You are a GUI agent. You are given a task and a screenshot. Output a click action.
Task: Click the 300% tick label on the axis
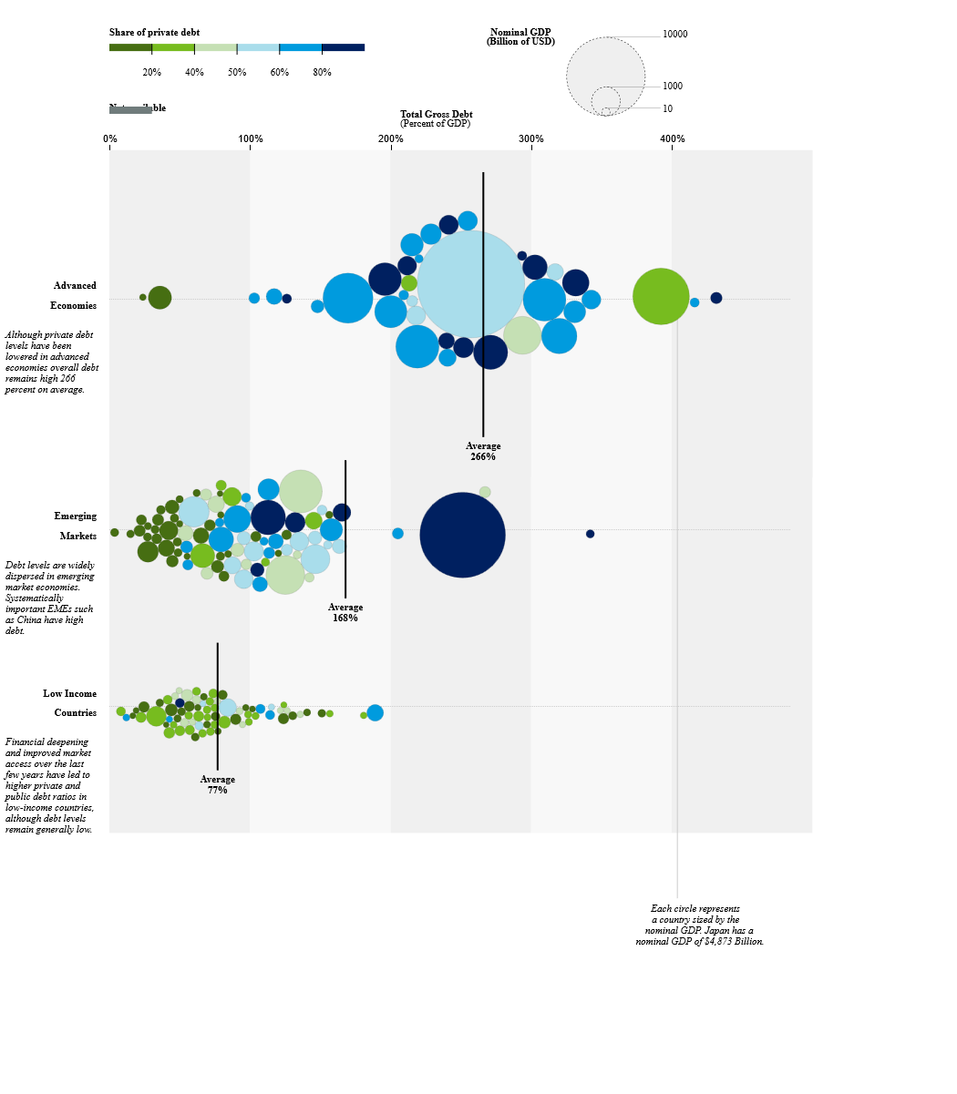pos(531,138)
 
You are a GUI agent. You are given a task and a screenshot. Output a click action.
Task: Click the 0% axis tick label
pos(109,138)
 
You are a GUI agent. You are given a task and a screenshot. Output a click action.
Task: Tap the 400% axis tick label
pos(673,138)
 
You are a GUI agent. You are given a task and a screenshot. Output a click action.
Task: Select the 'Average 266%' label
pos(483,451)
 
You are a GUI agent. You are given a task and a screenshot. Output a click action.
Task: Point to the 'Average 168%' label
pos(345,612)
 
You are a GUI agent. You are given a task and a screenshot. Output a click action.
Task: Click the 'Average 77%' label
pos(217,784)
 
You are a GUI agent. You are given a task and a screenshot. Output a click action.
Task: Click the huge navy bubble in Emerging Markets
pos(462,535)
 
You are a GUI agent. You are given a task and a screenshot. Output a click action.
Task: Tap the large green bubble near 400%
pos(661,296)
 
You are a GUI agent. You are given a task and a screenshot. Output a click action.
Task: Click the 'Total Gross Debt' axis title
pos(436,115)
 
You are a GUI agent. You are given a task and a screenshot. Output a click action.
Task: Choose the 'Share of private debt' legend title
pos(154,33)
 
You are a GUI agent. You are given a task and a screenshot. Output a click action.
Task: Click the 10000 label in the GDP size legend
pos(674,35)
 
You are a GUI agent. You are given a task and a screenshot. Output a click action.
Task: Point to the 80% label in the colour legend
pos(322,72)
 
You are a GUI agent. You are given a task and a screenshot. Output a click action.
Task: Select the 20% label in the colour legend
pos(152,72)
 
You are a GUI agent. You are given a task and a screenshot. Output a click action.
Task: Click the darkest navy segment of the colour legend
pos(343,47)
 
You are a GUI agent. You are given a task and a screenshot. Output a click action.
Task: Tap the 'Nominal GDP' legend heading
pos(520,32)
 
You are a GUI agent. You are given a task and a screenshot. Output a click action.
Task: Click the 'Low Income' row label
pos(69,693)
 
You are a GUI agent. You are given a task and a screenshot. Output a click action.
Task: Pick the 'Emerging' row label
pos(75,516)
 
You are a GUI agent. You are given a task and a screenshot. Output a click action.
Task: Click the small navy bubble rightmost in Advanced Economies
pos(716,298)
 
